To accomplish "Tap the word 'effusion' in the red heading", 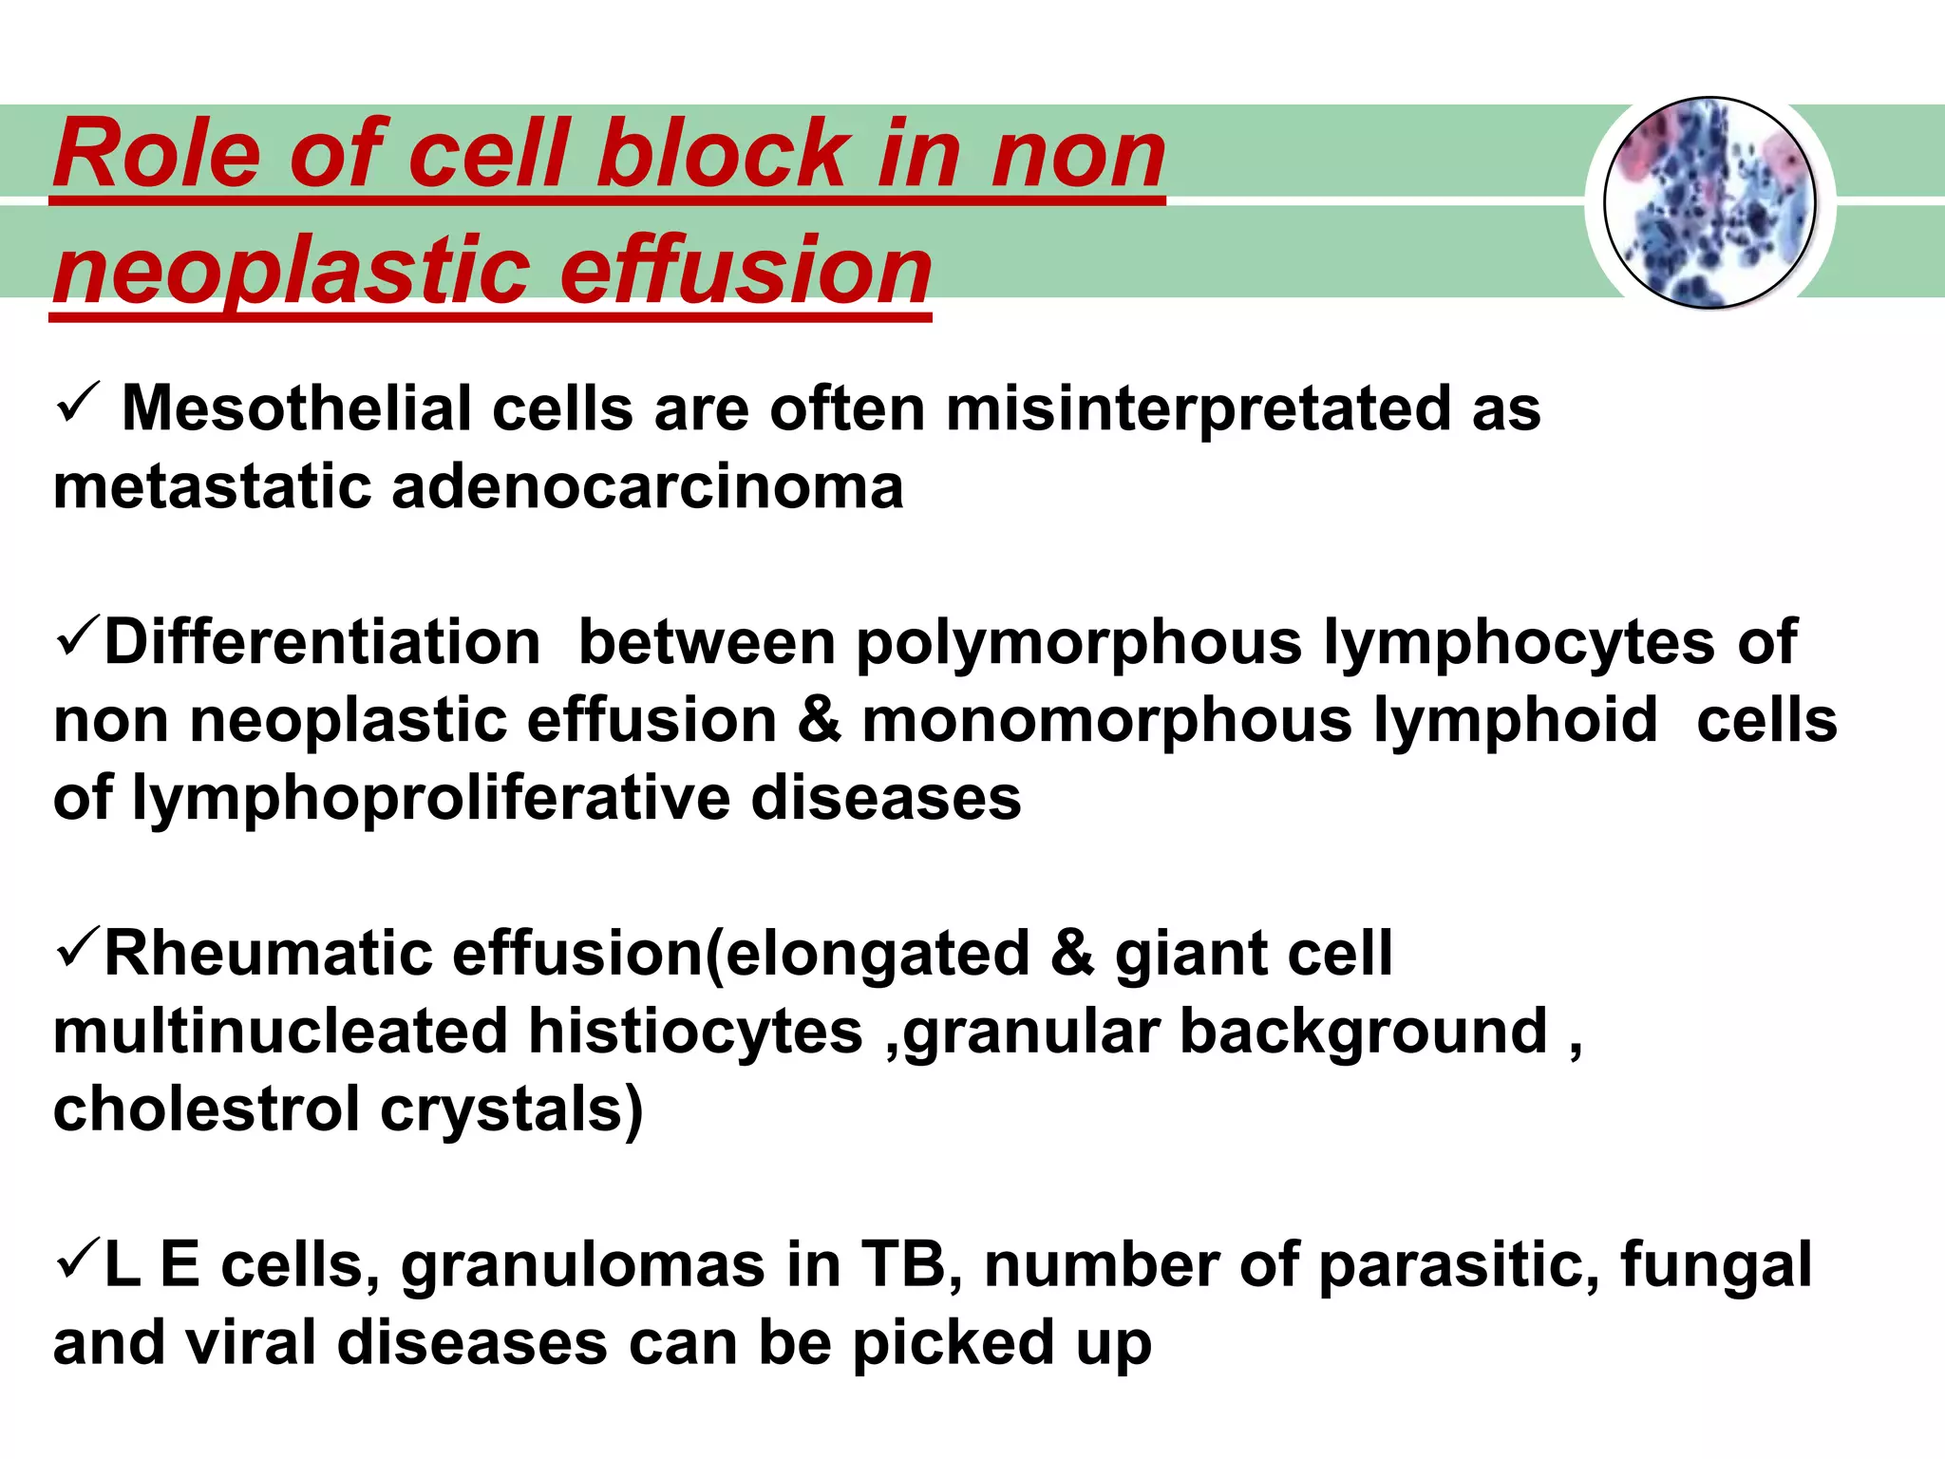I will point(746,271).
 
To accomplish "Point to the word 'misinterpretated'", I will point(1198,409).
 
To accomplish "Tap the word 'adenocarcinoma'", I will point(647,487).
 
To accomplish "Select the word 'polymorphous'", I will point(1079,643).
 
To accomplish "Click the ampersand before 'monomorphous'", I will point(819,720).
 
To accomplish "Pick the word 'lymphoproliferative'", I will point(431,798).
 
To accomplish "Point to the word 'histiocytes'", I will point(694,1032).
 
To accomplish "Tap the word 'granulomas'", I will point(582,1267).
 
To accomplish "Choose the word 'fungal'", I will point(1715,1267).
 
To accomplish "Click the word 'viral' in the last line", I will point(249,1343).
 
